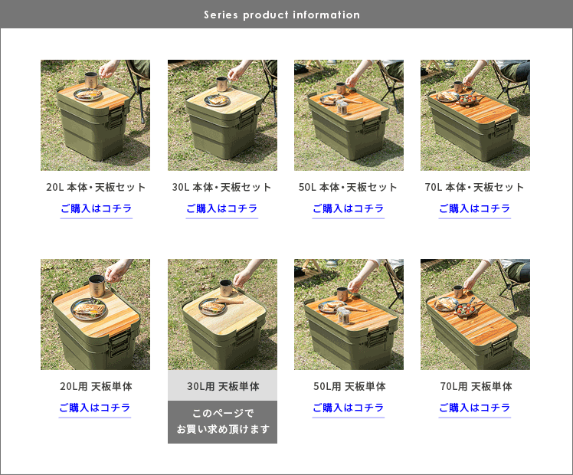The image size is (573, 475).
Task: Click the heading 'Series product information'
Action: [282, 15]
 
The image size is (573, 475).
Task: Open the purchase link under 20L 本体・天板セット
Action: [96, 208]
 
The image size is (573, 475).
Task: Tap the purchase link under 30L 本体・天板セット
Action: [222, 208]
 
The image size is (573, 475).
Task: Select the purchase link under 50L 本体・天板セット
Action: [349, 208]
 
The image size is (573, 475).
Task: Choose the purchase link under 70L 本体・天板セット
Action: [475, 208]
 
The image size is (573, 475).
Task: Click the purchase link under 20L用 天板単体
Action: [95, 408]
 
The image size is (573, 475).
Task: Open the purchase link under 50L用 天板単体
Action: [349, 408]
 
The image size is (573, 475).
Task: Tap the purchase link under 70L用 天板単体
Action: [475, 408]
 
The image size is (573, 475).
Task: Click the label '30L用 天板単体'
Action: [223, 386]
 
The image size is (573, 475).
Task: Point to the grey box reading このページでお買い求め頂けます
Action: [222, 422]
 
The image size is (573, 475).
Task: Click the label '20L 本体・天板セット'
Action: [96, 187]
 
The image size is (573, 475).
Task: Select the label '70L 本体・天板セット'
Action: [474, 187]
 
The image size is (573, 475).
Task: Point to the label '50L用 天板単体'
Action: [349, 386]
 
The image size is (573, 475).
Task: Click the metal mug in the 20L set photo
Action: [91, 80]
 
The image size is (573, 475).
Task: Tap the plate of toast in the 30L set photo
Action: [217, 100]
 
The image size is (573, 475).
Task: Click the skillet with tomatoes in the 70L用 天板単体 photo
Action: [466, 310]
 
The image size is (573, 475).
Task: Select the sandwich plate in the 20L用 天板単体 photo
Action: [90, 310]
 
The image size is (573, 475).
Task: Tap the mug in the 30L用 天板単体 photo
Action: [226, 289]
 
